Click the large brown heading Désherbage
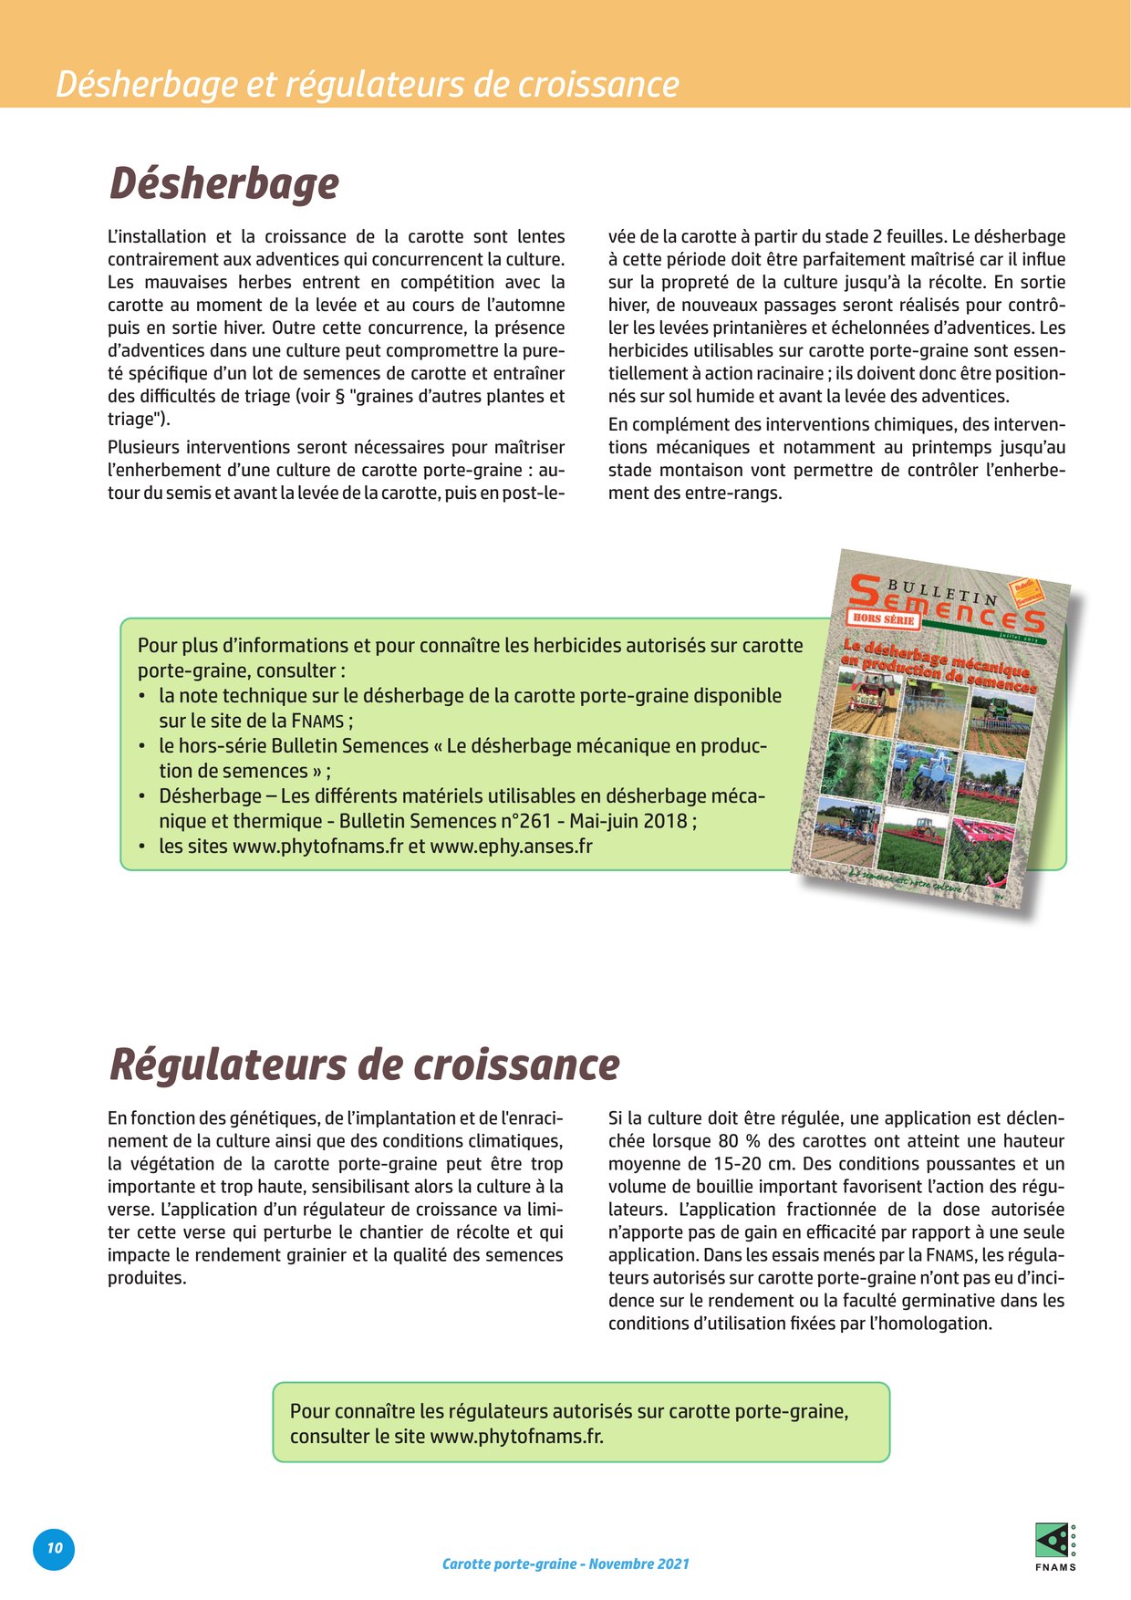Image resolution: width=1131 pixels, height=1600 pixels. [224, 183]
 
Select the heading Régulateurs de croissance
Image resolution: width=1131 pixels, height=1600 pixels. [364, 1065]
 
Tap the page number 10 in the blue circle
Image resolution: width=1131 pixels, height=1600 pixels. [55, 1548]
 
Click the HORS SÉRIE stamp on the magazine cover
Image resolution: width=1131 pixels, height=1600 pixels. [882, 619]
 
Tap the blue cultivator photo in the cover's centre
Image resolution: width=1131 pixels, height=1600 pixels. [923, 774]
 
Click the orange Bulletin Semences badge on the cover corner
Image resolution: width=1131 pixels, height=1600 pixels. [1025, 592]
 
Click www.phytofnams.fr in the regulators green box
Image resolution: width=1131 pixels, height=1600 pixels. [515, 1436]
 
